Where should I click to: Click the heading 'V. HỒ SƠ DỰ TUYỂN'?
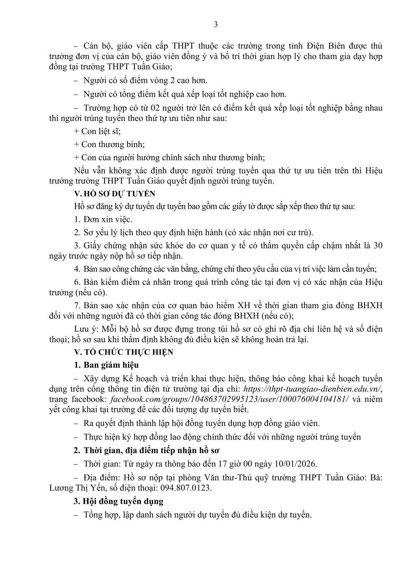[x=115, y=193]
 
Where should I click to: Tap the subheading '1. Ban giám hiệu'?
[x=106, y=365]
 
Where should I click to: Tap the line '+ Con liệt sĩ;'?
[x=97, y=131]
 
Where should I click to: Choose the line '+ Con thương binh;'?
[x=109, y=144]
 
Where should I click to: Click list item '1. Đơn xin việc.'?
[x=103, y=219]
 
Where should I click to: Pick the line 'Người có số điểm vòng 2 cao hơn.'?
[x=145, y=80]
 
